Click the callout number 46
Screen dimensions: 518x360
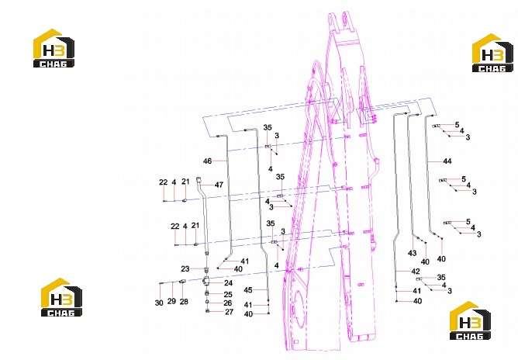tap(207, 161)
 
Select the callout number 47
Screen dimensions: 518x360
tap(219, 185)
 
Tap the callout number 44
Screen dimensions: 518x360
tap(447, 161)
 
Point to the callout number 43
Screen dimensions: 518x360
tap(412, 253)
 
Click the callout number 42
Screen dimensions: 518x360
tap(416, 272)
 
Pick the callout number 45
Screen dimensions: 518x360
tap(248, 290)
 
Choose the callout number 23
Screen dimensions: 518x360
tap(185, 268)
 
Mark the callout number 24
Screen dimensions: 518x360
tap(228, 283)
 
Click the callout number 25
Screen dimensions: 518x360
tap(228, 294)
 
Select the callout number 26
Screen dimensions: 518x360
tap(228, 303)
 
